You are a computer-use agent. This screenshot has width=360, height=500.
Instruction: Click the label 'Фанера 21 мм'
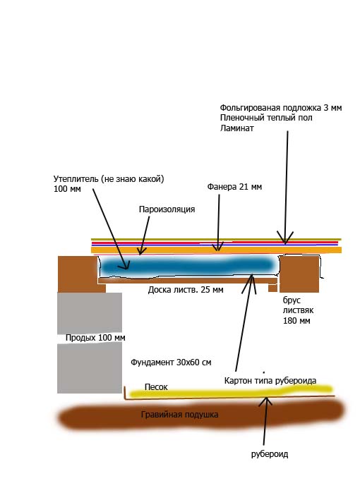point(234,187)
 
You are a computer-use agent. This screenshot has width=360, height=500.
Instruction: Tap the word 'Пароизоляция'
point(167,209)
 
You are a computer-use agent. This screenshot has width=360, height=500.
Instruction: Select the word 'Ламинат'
point(236,128)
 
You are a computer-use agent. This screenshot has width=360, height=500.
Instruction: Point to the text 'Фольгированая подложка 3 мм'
point(281,108)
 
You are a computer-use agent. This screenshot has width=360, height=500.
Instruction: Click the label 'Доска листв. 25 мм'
point(186,290)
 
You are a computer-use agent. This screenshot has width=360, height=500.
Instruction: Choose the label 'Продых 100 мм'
point(95,338)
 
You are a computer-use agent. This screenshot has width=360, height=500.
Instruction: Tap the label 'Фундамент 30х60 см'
point(171,362)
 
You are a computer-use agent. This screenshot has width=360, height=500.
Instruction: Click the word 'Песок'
point(156,386)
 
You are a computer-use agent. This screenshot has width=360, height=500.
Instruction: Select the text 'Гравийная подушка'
point(180,415)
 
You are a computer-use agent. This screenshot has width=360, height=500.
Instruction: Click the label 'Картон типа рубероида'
point(270,381)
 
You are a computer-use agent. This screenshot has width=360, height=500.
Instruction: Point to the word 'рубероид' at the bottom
point(270,454)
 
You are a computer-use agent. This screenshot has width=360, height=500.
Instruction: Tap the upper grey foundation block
point(90,313)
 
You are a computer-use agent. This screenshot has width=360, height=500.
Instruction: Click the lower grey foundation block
point(90,368)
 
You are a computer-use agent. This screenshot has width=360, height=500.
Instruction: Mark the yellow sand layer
point(230,391)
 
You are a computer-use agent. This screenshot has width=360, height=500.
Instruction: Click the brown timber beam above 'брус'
point(299,274)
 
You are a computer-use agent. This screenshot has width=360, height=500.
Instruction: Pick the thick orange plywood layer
point(217,250)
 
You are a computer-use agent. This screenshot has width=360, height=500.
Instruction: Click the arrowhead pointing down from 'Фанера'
point(218,247)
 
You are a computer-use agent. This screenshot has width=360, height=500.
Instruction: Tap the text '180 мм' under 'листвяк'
point(296,320)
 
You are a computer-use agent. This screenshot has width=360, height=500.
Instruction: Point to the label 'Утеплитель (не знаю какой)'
point(109,179)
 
